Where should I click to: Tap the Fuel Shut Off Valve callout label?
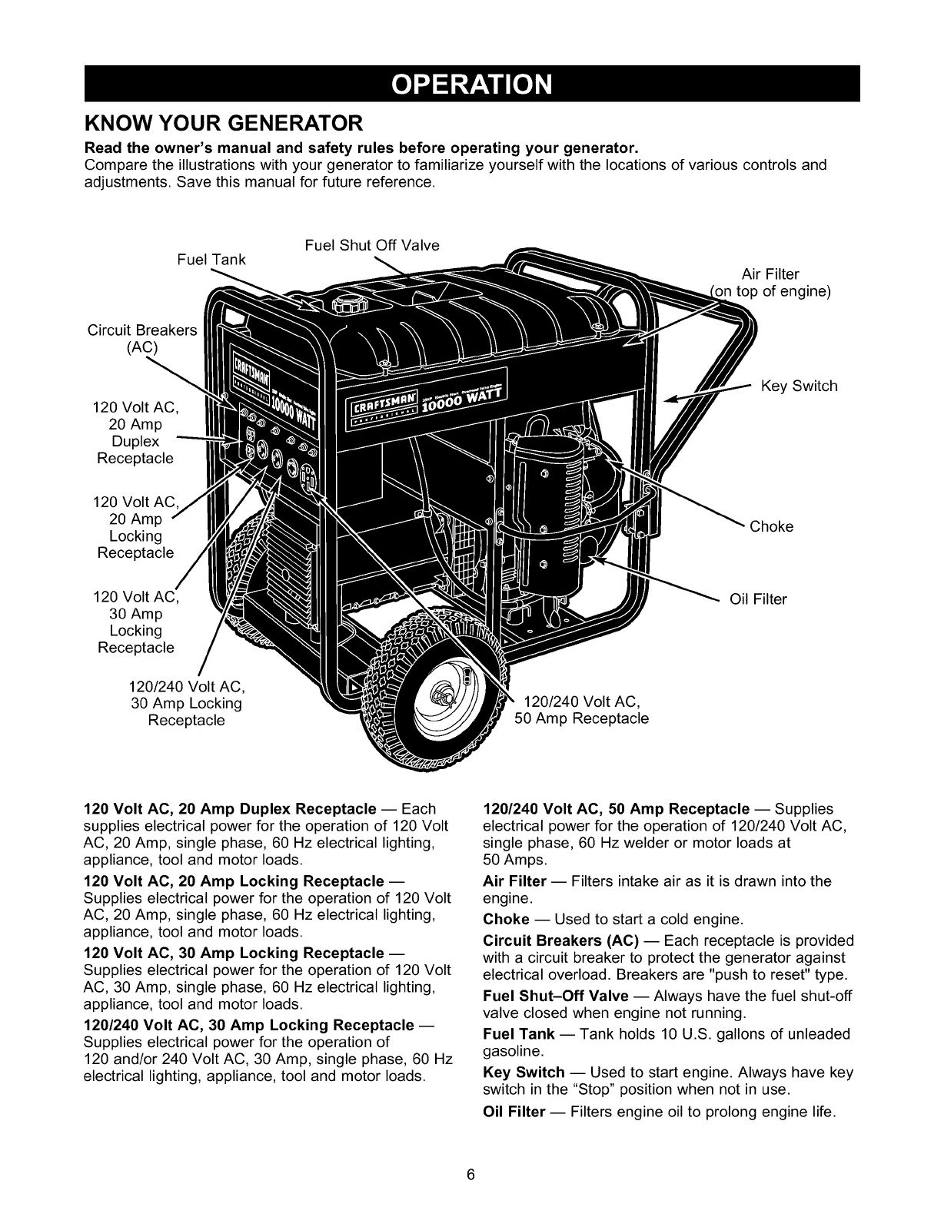coord(372,245)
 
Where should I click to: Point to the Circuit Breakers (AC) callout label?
coord(142,339)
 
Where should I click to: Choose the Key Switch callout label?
coord(799,386)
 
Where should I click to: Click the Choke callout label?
coord(771,526)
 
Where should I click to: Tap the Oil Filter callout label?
coord(758,599)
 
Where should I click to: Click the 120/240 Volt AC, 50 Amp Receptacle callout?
coord(582,710)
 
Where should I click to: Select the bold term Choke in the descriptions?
coord(506,919)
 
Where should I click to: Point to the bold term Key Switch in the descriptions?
coord(524,1072)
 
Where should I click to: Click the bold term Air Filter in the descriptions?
coord(514,880)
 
